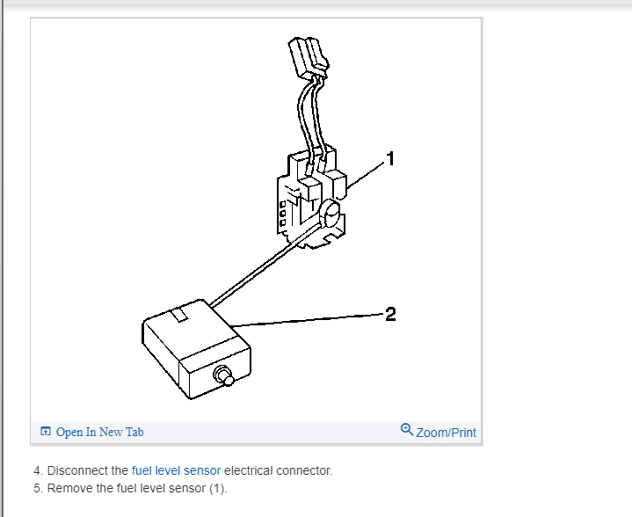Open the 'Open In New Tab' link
[x=99, y=432]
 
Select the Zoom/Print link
[x=446, y=432]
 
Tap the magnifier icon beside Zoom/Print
[x=406, y=430]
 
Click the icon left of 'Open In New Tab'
[x=46, y=432]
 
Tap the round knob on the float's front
[x=226, y=376]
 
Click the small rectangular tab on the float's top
[x=183, y=313]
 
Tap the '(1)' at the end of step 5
[x=216, y=488]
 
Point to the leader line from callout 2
[x=308, y=319]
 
